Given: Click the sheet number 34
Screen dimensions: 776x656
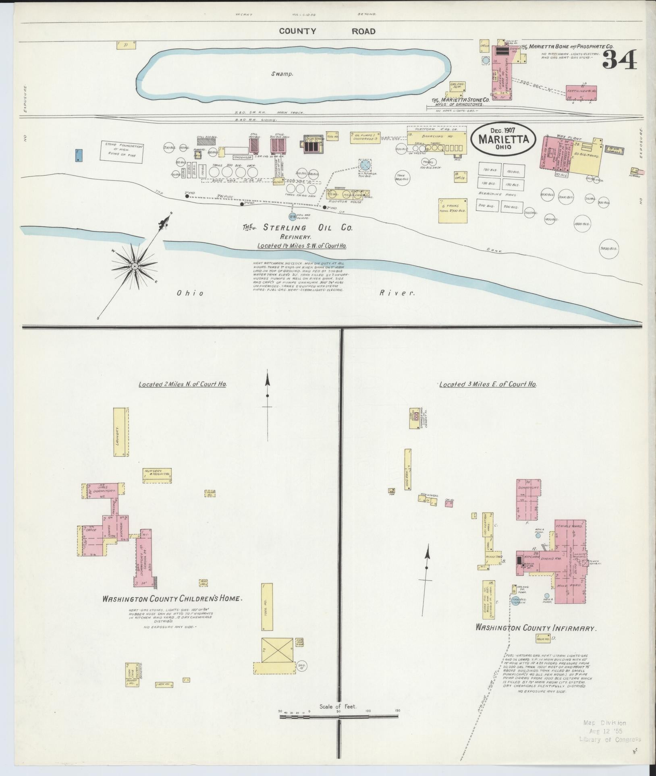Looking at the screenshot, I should tap(620, 60).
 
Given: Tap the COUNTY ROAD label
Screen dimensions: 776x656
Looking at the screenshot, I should tap(327, 31).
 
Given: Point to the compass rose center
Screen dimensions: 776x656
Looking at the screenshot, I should tap(135, 266).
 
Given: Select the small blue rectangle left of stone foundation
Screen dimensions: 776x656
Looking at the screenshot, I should tap(79, 155).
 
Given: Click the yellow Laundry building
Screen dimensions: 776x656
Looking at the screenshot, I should tap(120, 432).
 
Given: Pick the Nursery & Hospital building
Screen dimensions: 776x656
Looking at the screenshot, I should tap(157, 475).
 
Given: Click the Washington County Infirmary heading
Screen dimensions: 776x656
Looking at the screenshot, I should tap(536, 639).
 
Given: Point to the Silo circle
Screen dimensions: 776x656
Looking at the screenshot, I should tap(301, 666).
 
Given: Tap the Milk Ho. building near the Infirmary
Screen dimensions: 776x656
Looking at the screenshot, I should tap(542, 649).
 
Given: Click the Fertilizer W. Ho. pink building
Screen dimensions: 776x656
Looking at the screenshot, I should tap(581, 92).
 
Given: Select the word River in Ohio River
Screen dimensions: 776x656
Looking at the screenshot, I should tap(397, 293).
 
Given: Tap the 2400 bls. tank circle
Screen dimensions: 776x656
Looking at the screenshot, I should tap(608, 249).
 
